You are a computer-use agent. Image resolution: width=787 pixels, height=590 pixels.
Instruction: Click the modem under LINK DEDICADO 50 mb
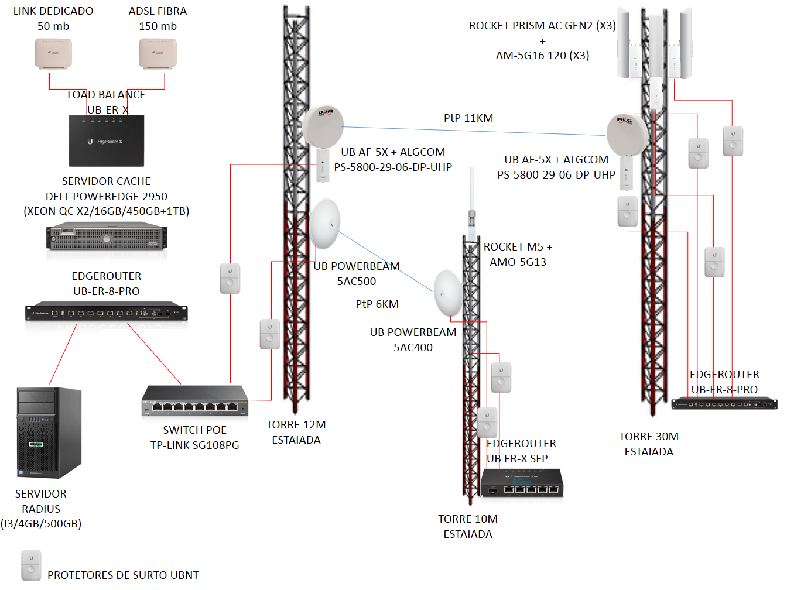(53, 54)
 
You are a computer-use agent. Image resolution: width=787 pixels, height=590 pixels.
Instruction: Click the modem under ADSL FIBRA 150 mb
(158, 54)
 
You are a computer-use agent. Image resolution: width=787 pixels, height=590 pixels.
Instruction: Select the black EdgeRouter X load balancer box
(106, 141)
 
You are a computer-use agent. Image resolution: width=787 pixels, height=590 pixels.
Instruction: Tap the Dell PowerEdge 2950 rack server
(107, 237)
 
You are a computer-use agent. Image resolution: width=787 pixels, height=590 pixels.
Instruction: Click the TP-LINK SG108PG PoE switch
(195, 401)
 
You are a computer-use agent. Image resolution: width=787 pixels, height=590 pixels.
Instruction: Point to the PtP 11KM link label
(468, 118)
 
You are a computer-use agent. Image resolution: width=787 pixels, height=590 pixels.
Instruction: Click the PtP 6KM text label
(377, 304)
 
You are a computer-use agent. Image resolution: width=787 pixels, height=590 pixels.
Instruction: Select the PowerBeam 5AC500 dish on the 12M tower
(325, 224)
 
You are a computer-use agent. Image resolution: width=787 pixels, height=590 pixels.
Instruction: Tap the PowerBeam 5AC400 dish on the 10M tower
(448, 293)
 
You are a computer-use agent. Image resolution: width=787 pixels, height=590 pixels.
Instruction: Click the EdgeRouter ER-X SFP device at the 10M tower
(522, 483)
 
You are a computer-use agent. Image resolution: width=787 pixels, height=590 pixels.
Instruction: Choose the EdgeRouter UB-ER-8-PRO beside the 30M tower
(724, 403)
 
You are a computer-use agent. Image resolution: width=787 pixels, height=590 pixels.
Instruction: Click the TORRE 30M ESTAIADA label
(649, 444)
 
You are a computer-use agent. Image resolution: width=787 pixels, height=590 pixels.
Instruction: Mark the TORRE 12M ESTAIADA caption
(296, 432)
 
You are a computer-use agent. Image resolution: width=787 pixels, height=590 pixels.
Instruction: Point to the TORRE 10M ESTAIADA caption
(468, 526)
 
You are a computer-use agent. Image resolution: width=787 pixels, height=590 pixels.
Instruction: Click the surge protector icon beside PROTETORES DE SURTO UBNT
(31, 565)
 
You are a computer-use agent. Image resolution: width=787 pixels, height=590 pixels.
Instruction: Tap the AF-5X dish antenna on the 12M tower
(323, 126)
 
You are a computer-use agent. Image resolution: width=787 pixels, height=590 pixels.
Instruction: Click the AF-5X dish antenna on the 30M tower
(627, 135)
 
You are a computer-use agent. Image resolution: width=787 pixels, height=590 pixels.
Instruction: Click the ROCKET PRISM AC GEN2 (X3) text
(542, 26)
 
